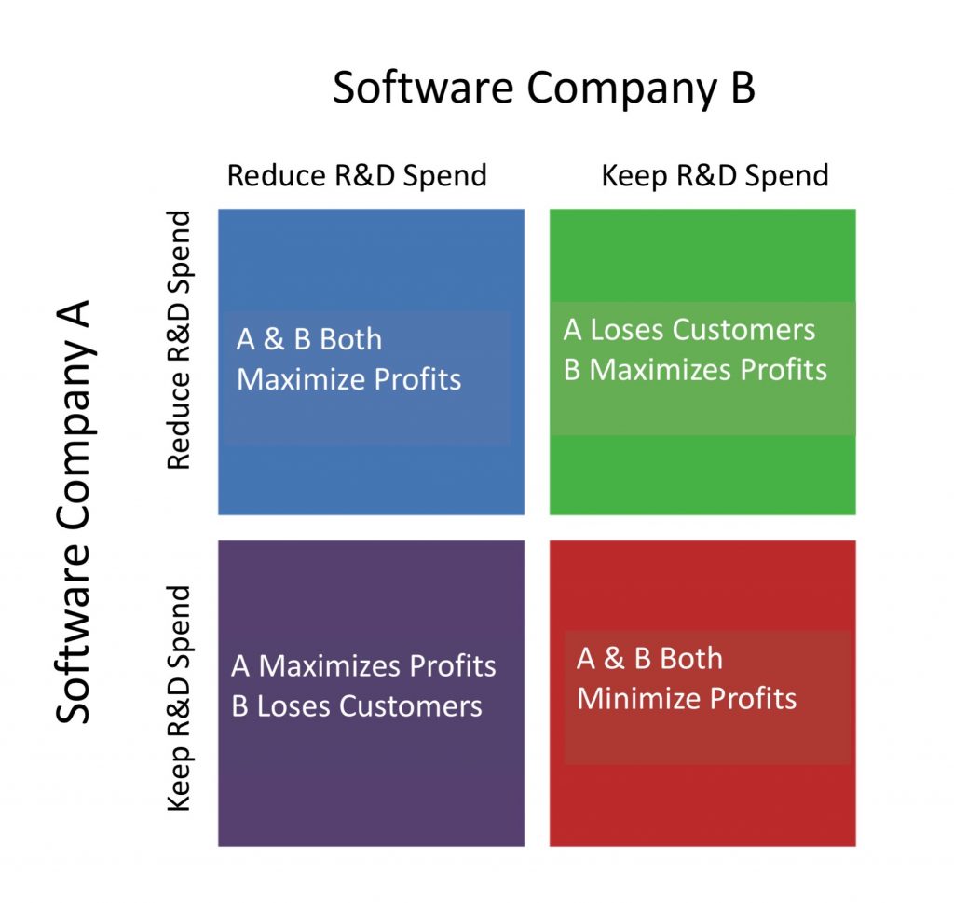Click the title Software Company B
pos(544,89)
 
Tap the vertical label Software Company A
pos(74,511)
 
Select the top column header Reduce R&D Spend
pos(357,175)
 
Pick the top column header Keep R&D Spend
pos(715,176)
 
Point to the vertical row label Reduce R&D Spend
pos(179,339)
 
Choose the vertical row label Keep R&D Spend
pos(179,698)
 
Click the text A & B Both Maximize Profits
pos(348,359)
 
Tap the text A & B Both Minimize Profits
pos(687,678)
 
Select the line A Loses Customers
pos(688,330)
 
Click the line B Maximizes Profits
pos(695,369)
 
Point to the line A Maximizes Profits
pos(363,665)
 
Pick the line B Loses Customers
pos(357,705)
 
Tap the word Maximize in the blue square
pos(301,379)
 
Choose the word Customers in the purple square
pos(411,705)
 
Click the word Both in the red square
pos(691,659)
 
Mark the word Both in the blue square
pos(351,339)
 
